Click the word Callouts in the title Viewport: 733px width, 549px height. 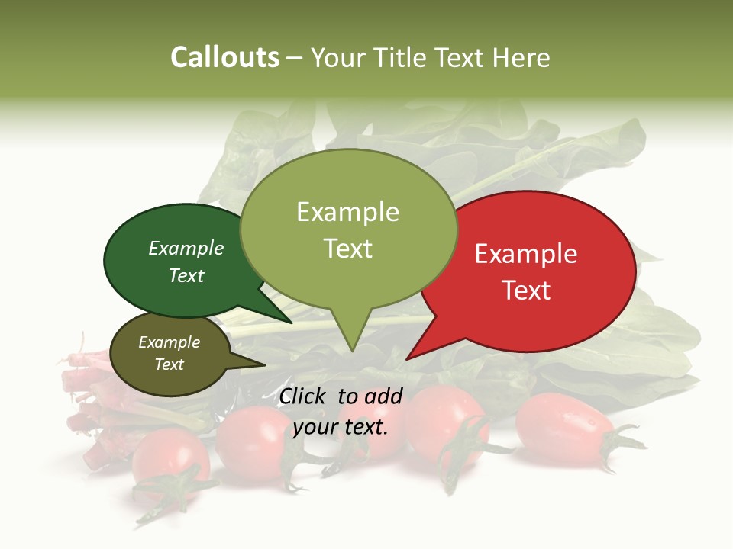tap(224, 57)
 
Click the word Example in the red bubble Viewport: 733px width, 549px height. tap(526, 254)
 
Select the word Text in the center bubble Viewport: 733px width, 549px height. tap(348, 249)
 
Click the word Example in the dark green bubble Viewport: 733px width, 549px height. tap(186, 248)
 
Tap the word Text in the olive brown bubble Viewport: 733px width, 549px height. tap(170, 364)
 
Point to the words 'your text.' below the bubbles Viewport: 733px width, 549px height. tap(341, 427)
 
